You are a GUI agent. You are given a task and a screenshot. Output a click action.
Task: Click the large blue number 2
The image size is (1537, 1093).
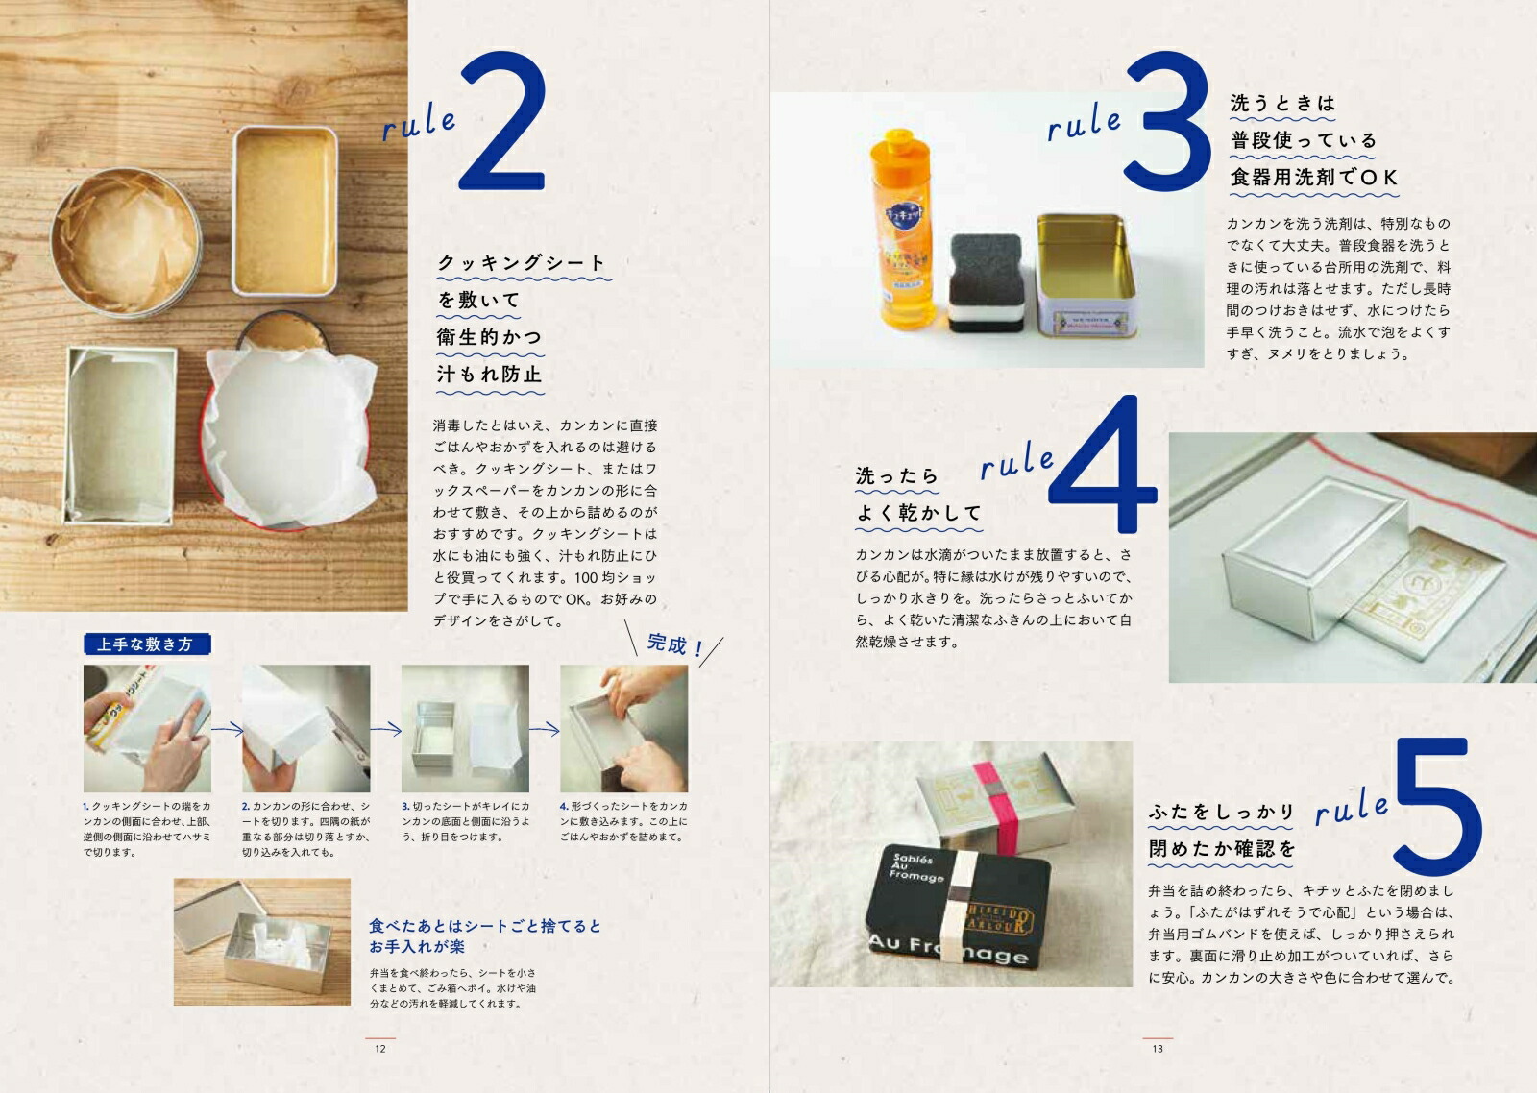(503, 125)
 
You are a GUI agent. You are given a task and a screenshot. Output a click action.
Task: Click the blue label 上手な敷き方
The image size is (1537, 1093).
(146, 644)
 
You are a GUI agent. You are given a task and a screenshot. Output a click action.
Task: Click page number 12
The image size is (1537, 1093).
(379, 1049)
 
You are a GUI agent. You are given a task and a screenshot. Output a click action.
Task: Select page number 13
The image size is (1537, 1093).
(1157, 1049)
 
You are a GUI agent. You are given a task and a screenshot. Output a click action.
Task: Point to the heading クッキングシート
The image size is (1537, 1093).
(522, 263)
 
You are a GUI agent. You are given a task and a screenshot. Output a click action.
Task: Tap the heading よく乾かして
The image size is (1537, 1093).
(918, 514)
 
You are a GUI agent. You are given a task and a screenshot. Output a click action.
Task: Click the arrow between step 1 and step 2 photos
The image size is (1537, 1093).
(227, 730)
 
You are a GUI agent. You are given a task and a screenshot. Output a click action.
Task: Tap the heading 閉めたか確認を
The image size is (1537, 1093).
(1222, 849)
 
